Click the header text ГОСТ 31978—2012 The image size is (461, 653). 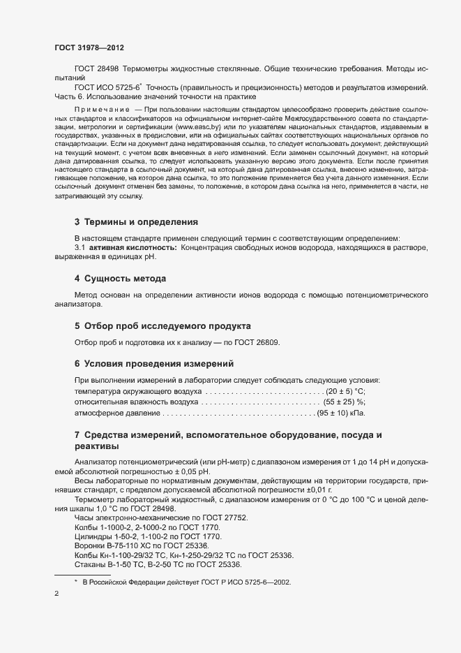pyautogui.click(x=90, y=47)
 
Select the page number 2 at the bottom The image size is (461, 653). pyautogui.click(x=56, y=594)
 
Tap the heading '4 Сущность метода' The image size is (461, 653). pyautogui.click(x=120, y=279)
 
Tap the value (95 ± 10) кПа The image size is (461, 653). pyautogui.click(x=342, y=413)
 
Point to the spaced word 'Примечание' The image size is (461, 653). pyautogui.click(x=103, y=111)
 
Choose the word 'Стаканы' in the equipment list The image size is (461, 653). pyautogui.click(x=90, y=564)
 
